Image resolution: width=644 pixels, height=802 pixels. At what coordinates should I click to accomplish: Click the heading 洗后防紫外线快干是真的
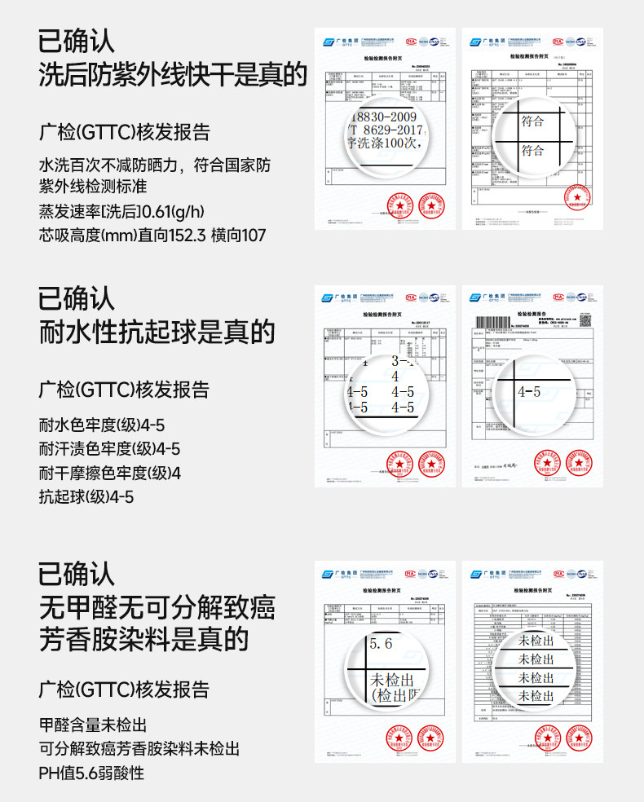click(x=173, y=76)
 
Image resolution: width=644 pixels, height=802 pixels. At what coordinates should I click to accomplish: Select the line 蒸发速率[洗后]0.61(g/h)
click(x=121, y=213)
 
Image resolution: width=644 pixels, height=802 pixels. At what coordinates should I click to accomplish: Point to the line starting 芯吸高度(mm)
click(x=152, y=236)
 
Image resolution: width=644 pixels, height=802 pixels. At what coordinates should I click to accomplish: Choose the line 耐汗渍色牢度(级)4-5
click(x=109, y=449)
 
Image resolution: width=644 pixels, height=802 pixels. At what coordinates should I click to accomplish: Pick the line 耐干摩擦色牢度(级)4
click(x=109, y=473)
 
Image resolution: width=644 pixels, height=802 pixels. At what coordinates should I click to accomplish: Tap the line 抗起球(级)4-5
click(x=86, y=496)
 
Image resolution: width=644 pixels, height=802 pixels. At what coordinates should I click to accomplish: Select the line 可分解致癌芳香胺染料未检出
click(x=139, y=749)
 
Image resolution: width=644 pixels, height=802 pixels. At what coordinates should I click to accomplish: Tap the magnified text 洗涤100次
click(x=383, y=143)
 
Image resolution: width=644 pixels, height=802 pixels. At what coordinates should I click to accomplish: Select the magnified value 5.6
click(x=381, y=643)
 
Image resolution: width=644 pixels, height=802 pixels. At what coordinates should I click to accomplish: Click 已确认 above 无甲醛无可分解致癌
click(x=77, y=573)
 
